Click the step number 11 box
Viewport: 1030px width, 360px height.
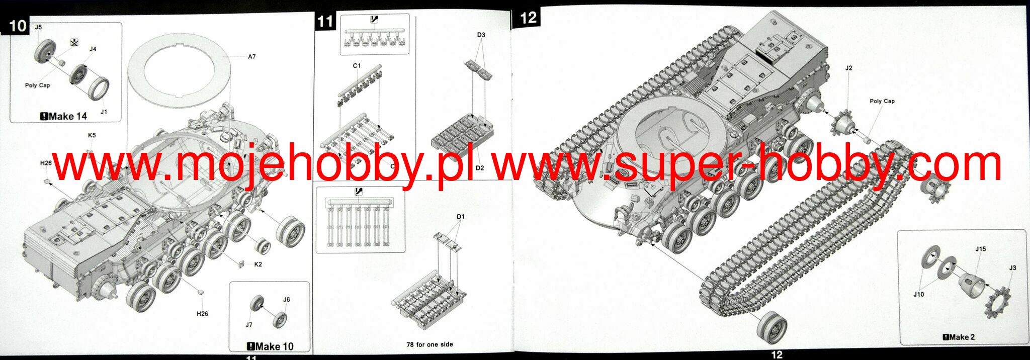point(325,22)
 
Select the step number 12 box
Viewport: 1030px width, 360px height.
point(528,18)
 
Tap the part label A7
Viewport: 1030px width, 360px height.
point(251,57)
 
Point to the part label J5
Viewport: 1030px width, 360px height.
point(38,27)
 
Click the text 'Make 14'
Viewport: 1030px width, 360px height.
point(64,116)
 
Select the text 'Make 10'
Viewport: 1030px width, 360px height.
point(271,346)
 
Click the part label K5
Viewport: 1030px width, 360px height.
point(92,135)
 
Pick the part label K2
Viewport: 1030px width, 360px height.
point(258,264)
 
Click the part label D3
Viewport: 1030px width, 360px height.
point(481,35)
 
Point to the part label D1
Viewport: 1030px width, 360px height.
point(461,217)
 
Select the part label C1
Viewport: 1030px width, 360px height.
point(357,66)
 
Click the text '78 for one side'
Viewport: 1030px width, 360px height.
point(430,344)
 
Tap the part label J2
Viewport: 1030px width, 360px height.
point(848,68)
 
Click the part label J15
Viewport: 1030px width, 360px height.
point(980,249)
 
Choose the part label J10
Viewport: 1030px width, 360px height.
point(918,294)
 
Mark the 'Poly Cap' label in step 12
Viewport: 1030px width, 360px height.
point(882,101)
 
